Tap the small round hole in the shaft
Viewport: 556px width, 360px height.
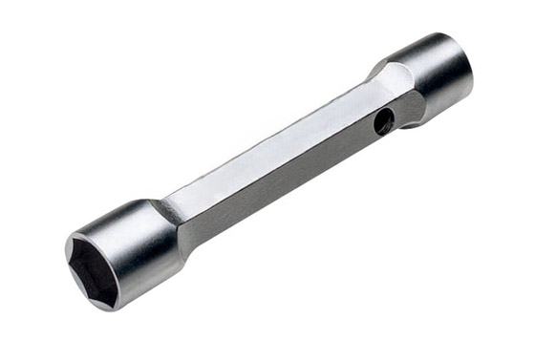[382, 120]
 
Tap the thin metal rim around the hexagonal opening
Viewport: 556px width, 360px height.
[73, 250]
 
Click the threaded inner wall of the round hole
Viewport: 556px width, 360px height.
[385, 119]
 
